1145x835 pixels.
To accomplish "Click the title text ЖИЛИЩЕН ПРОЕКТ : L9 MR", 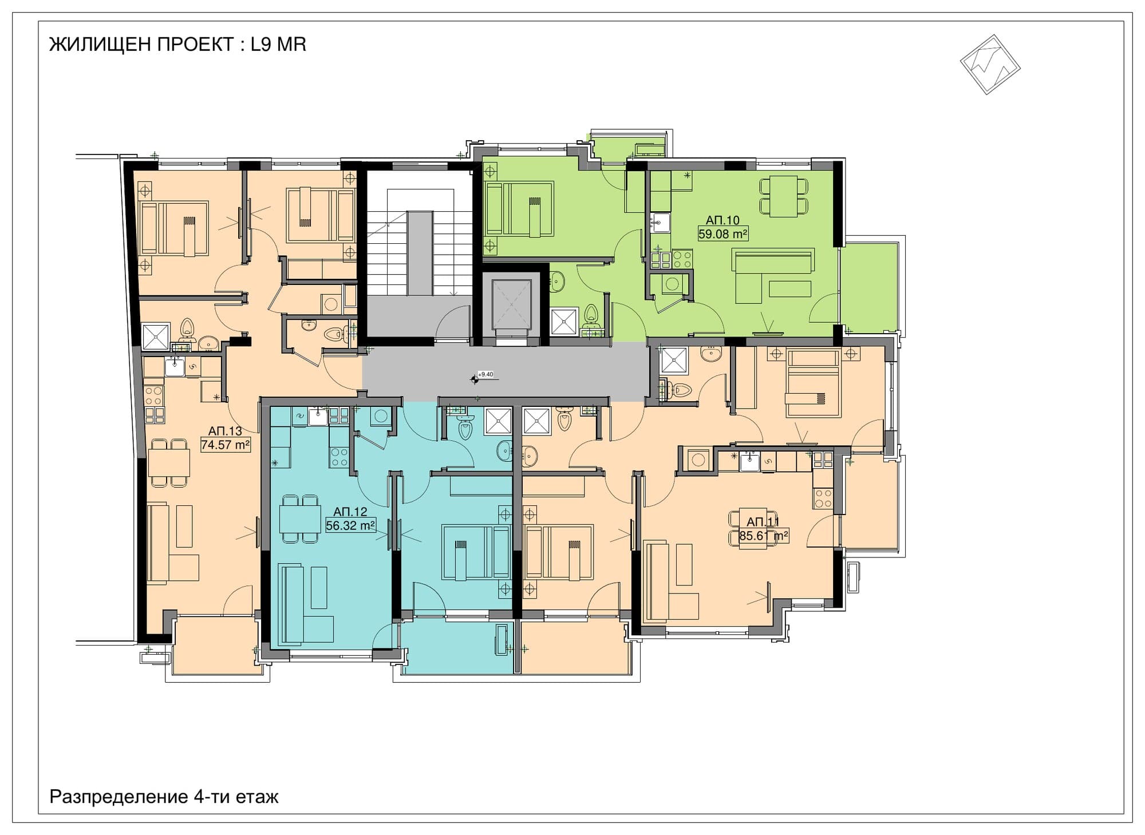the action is click(177, 44).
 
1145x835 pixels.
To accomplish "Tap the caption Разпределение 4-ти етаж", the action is click(164, 797).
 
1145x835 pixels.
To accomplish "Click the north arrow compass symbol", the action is click(990, 64).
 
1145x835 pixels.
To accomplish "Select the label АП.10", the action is click(722, 220).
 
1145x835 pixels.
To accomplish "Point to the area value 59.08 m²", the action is click(723, 234).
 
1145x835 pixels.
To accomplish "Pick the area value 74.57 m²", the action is click(226, 445).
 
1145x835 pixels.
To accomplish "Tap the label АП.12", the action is click(350, 512).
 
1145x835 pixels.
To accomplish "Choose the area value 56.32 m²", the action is click(350, 525).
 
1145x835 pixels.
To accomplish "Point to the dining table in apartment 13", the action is click(169, 462).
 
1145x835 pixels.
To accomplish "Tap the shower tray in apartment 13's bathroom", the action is click(156, 337).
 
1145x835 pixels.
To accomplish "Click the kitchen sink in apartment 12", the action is click(318, 417).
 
